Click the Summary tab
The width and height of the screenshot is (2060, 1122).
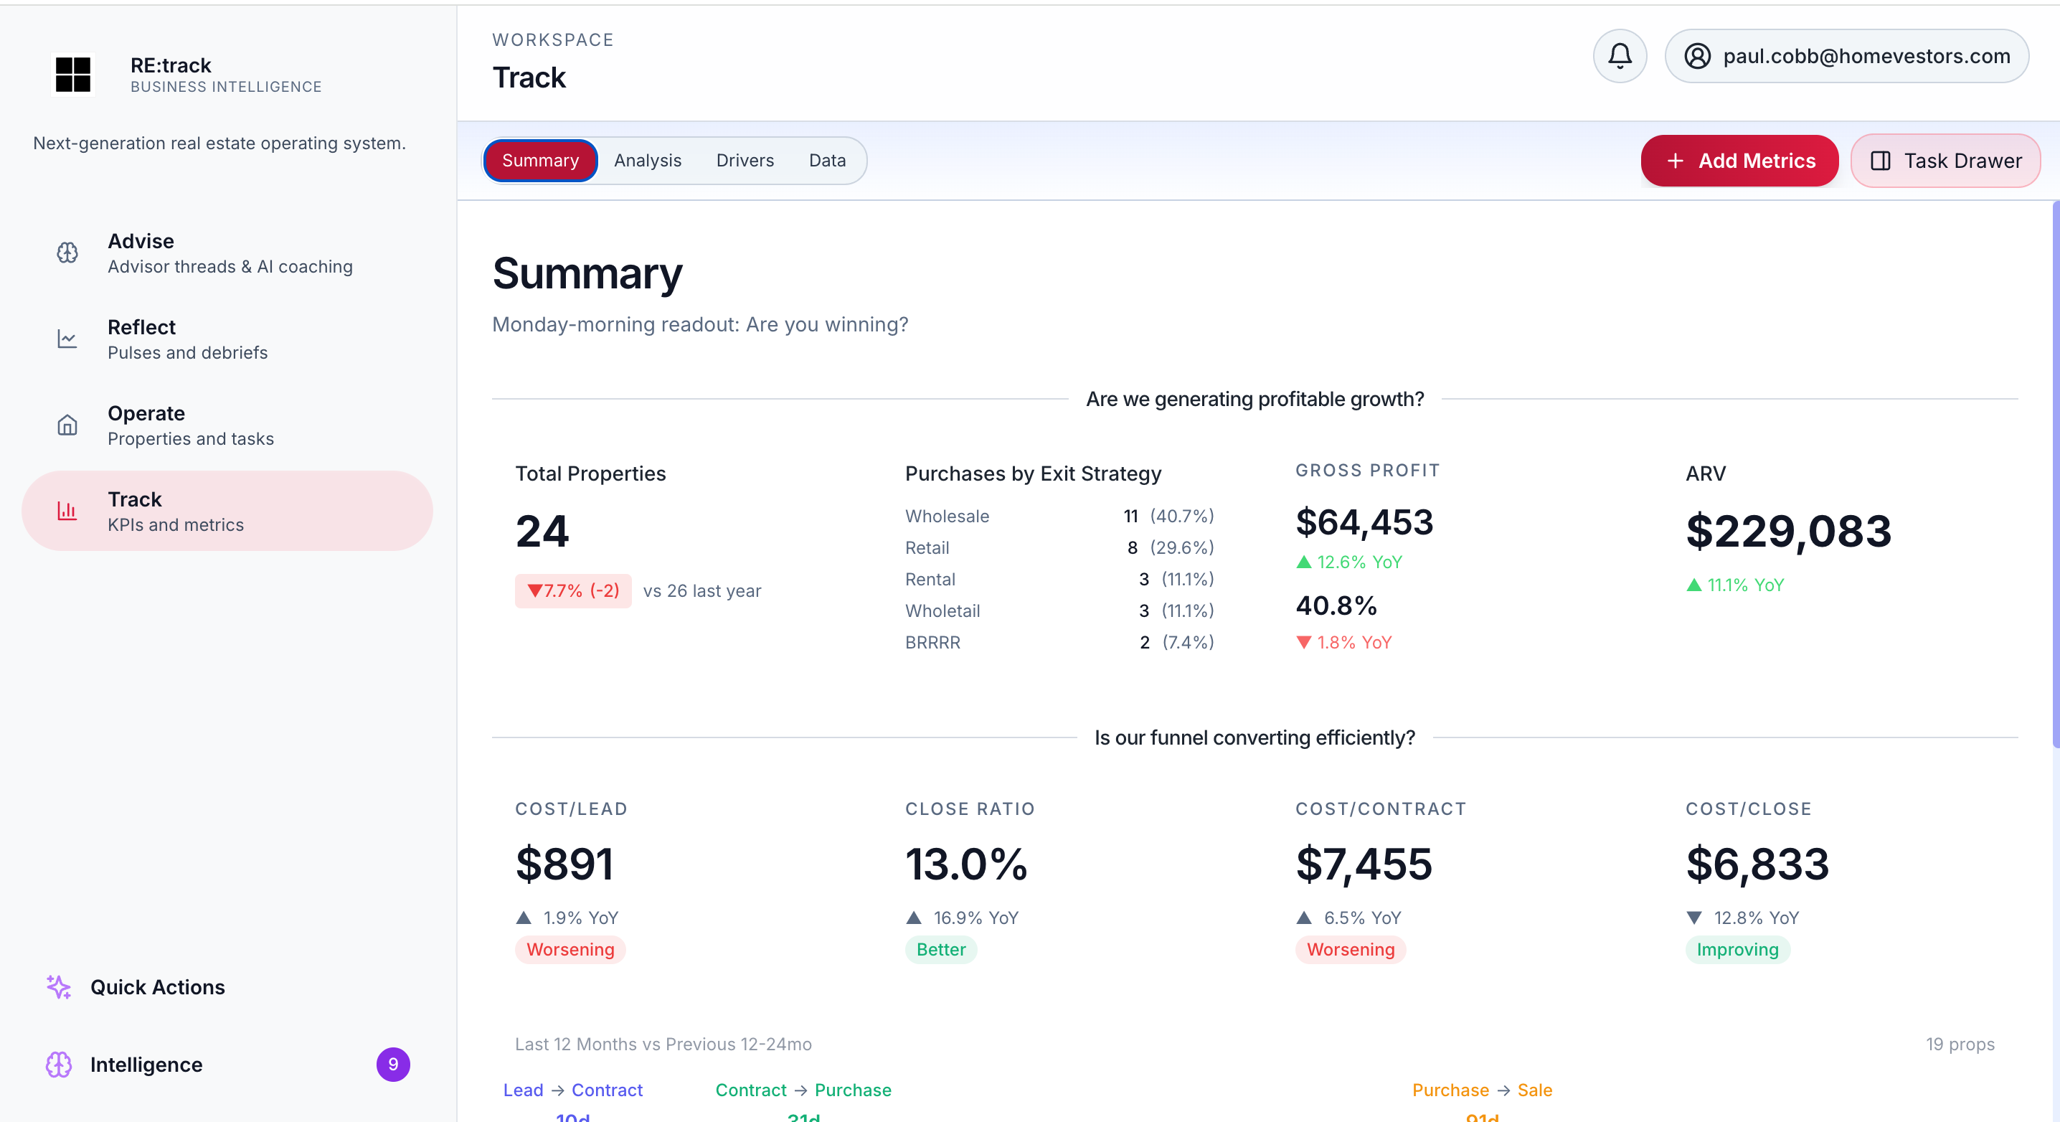point(540,161)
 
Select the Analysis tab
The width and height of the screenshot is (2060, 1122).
point(647,161)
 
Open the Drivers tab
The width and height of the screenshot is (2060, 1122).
point(745,161)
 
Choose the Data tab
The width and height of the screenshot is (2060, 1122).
point(827,161)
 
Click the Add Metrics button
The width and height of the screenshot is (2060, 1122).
point(1739,161)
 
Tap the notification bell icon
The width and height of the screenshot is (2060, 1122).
point(1620,56)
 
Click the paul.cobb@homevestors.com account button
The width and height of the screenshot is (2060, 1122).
point(1846,56)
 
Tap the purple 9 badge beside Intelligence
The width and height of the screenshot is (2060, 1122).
point(392,1065)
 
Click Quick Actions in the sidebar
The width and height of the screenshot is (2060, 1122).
point(157,987)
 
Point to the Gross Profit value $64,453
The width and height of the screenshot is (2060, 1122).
point(1364,522)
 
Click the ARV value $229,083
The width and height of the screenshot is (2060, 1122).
point(1788,531)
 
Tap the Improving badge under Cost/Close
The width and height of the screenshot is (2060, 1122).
point(1737,949)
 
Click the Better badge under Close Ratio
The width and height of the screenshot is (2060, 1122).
point(940,949)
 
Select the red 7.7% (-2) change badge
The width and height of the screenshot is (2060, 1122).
point(572,591)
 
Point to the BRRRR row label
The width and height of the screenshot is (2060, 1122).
point(932,642)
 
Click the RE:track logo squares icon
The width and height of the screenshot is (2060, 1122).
point(72,75)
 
